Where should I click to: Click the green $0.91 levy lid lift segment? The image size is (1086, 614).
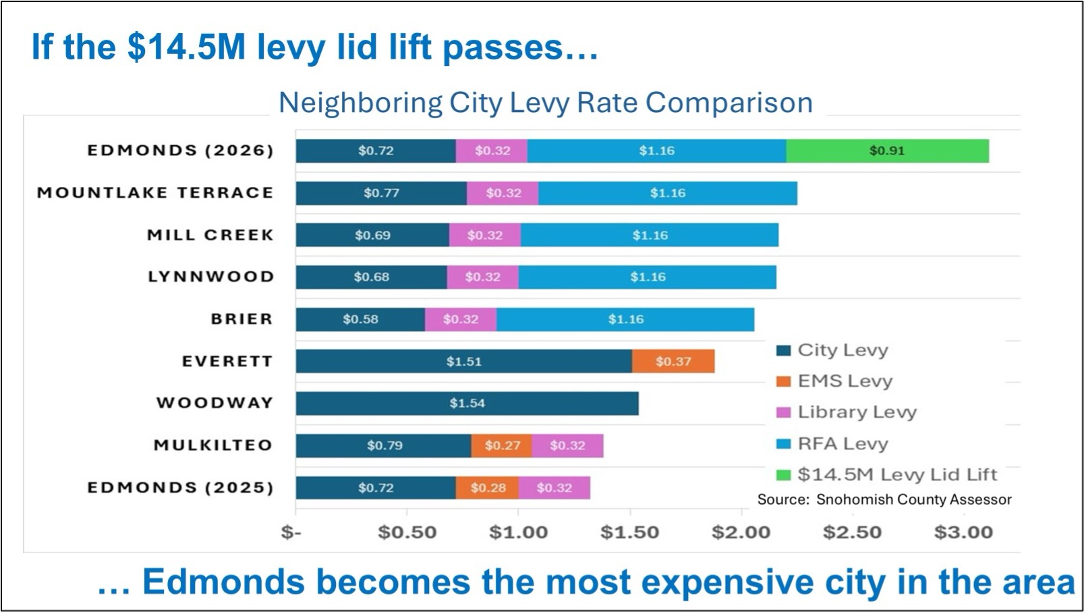887,151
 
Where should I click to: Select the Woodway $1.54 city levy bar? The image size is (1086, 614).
467,403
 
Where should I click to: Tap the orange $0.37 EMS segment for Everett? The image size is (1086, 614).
673,362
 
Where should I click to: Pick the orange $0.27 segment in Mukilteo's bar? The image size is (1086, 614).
502,446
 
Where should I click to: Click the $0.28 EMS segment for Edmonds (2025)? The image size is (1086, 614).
487,488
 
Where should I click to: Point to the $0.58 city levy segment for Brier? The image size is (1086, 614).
360,319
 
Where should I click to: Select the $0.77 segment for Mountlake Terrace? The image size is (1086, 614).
381,193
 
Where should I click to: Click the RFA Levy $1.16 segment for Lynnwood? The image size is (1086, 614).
648,277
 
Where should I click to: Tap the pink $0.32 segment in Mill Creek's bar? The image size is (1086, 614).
485,235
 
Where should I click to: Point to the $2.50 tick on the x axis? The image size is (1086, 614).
852,532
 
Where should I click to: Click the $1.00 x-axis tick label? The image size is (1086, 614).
518,532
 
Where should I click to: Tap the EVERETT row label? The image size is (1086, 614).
227,362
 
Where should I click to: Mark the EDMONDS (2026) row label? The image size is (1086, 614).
180,150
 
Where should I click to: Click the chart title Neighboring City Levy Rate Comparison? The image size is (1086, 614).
546,103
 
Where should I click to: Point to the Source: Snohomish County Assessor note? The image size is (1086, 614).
884,499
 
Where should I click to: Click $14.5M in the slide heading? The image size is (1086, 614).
185,47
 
